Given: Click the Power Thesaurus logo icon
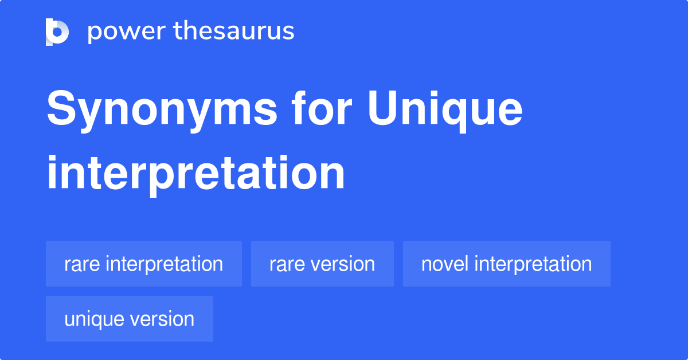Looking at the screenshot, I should click(x=57, y=32).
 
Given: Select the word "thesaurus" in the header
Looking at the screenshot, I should click(x=234, y=32).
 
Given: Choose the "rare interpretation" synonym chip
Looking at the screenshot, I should click(x=144, y=264).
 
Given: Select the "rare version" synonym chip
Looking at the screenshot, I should click(x=322, y=264).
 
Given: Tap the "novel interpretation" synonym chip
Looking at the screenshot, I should click(x=507, y=264).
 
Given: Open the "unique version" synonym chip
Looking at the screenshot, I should click(x=130, y=319).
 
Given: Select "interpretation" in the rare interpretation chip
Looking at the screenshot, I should click(x=165, y=264).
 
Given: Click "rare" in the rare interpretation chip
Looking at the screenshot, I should click(x=82, y=264).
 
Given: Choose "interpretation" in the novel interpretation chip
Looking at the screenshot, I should click(x=533, y=264).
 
